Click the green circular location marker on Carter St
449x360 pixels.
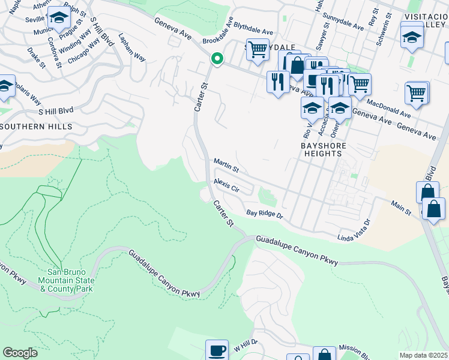coord(217,59)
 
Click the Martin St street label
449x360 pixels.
coord(226,164)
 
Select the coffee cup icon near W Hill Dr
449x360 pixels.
coord(217,350)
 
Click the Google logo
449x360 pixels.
coord(20,353)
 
